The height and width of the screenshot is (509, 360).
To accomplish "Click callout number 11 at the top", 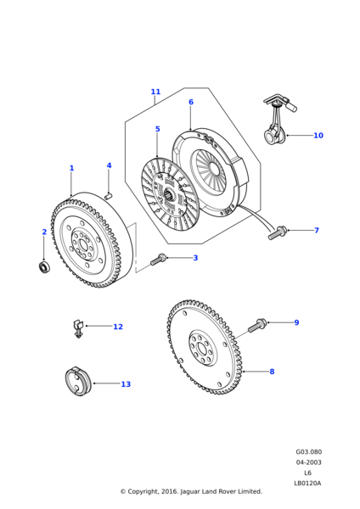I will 155,92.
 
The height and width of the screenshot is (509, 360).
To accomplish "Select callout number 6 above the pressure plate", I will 190,102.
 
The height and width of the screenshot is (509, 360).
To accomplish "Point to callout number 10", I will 318,135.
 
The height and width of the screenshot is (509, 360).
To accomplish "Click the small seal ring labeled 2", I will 45,268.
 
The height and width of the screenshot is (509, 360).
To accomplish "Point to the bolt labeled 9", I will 258,324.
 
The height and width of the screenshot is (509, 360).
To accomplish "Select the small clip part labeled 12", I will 78,327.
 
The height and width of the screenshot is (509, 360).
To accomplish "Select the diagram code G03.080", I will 308,452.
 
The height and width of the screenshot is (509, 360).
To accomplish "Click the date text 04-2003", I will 308,462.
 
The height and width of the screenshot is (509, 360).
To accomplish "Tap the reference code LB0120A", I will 308,483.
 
